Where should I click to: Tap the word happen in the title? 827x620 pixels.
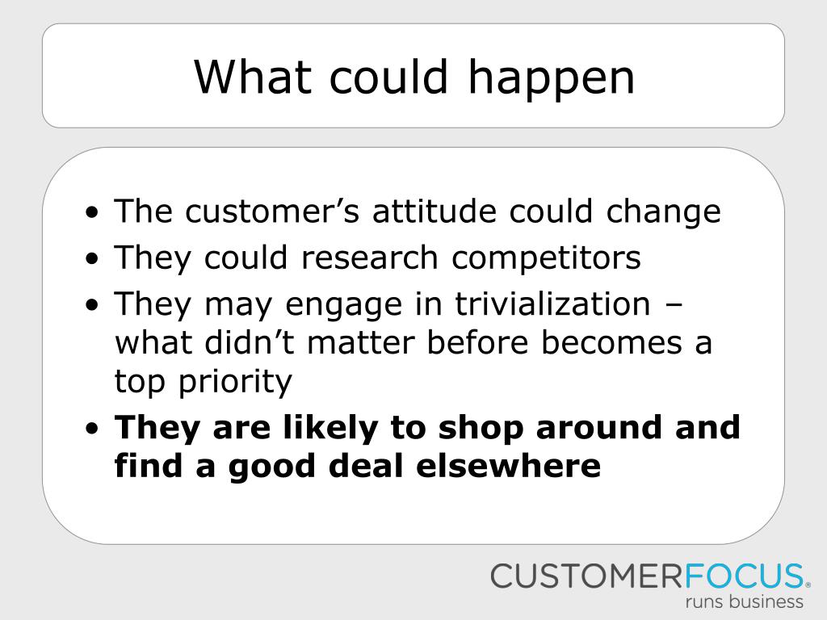click(551, 80)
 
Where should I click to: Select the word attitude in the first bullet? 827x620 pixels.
click(434, 211)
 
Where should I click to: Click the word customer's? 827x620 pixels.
click(273, 211)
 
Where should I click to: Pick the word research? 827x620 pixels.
click(369, 258)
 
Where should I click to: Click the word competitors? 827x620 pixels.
click(546, 259)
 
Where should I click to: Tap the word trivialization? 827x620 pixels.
click(552, 304)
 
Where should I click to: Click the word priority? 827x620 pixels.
click(235, 382)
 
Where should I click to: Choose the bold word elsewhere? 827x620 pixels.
click(509, 466)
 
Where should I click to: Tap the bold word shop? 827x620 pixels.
click(481, 429)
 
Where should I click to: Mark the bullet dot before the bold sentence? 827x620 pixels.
click(92, 429)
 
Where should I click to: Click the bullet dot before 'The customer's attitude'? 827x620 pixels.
click(92, 213)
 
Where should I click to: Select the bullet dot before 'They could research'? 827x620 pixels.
click(92, 259)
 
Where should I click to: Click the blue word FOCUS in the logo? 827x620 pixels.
click(744, 576)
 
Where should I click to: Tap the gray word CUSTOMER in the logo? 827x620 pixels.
click(588, 576)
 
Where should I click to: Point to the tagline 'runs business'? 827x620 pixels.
click(744, 601)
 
